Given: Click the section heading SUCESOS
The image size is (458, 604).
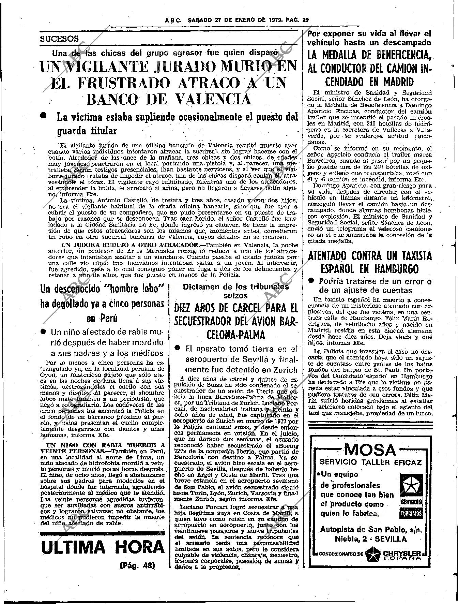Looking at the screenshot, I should tap(59, 39).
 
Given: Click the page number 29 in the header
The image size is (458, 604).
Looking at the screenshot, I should tap(305, 20).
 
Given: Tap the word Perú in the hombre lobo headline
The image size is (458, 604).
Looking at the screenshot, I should tap(102, 319).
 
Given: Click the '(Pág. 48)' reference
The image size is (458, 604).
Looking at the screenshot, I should tap(137, 565).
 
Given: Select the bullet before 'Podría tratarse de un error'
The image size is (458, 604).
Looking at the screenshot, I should tap(311, 281).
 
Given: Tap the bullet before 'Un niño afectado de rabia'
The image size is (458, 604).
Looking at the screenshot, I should tap(43, 331).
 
